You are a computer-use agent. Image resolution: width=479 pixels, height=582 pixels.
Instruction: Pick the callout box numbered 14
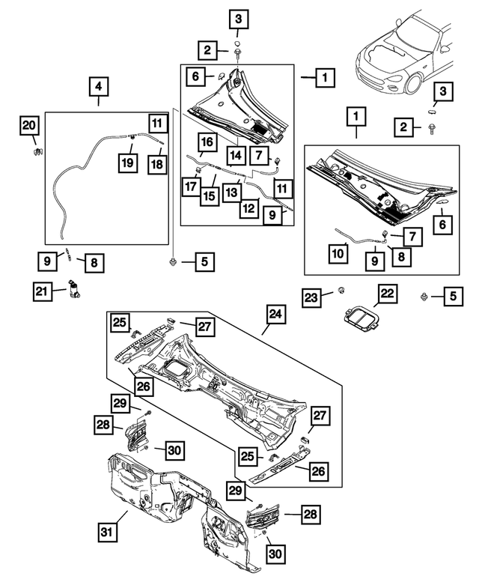tap(236, 156)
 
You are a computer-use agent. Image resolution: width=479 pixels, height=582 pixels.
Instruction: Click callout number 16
tap(208, 142)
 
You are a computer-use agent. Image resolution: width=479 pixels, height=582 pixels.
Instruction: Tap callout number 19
tap(129, 161)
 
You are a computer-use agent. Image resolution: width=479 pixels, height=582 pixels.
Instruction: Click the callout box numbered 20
tap(28, 125)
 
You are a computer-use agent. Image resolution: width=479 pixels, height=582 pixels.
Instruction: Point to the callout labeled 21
tap(42, 290)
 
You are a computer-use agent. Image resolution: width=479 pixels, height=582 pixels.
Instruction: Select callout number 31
tap(109, 533)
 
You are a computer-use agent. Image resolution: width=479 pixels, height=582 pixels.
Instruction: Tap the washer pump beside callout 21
tap(75, 288)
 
